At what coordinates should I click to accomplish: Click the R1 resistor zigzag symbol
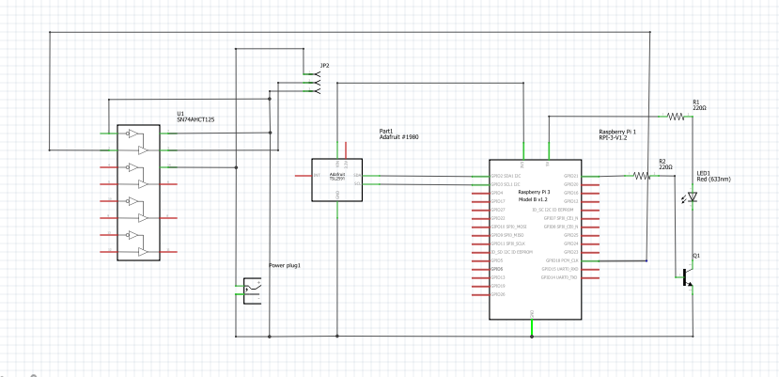[x=675, y=117]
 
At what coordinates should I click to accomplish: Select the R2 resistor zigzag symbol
[x=641, y=175]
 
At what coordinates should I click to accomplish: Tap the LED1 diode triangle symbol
[x=693, y=197]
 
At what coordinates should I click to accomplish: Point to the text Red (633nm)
[x=713, y=179]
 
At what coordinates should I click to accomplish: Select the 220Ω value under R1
[x=698, y=108]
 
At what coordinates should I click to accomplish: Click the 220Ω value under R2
[x=665, y=166]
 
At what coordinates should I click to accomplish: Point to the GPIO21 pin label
[x=570, y=176]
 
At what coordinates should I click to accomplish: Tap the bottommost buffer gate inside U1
[x=142, y=252]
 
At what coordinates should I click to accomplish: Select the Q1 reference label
[x=696, y=255]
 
